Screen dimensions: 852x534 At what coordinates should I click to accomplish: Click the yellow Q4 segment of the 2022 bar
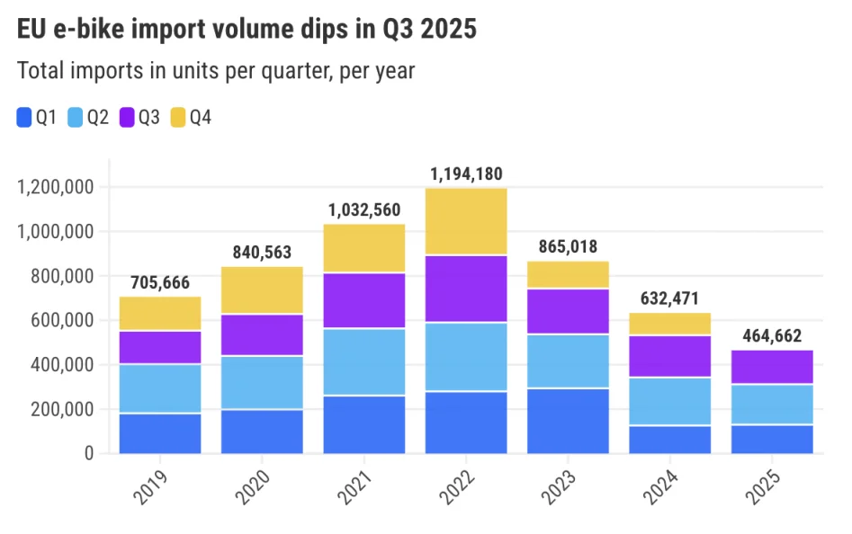point(466,221)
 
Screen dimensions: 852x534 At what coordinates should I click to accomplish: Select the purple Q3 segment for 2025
point(772,367)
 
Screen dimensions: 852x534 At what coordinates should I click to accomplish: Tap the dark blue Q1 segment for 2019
point(160,433)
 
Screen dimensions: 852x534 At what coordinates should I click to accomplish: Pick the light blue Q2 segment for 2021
point(364,361)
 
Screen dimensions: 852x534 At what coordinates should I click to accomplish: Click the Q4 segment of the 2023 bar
point(568,274)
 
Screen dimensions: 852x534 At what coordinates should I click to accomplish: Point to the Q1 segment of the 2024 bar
point(670,440)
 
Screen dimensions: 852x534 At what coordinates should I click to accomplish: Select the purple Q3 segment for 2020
point(262,334)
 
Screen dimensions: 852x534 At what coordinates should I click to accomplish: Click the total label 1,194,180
point(466,174)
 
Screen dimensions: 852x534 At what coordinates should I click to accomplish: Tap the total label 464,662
point(772,336)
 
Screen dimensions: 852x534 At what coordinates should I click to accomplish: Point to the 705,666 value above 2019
point(160,283)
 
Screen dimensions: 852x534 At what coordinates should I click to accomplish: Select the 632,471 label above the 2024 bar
point(670,298)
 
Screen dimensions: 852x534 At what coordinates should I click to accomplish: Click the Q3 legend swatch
point(127,117)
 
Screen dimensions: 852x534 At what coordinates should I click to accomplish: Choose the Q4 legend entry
point(190,117)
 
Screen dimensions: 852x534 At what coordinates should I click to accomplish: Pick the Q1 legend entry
point(37,117)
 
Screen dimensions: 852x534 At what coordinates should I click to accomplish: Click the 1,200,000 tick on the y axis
point(57,188)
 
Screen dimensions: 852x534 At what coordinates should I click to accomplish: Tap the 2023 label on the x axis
point(562,486)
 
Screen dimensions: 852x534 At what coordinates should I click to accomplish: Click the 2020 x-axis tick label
point(256,486)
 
